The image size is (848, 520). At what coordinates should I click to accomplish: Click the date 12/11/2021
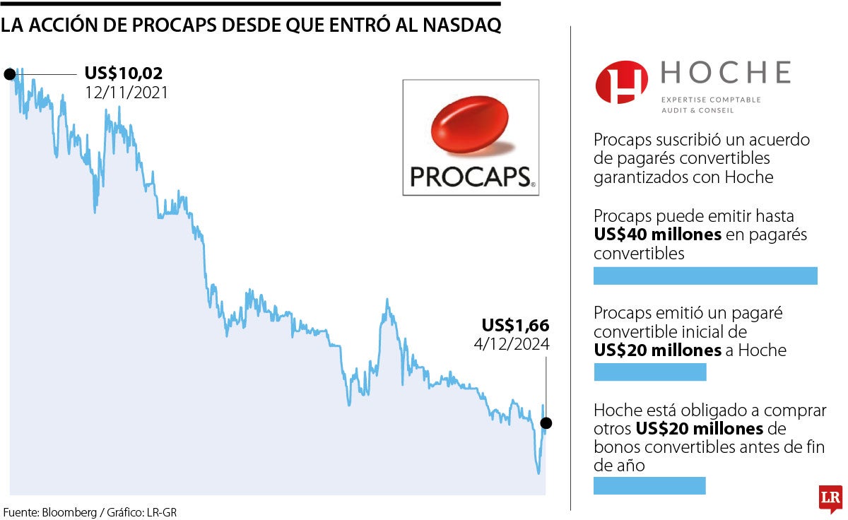coord(126,92)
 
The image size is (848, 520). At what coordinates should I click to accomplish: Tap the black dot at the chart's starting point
coord(10,73)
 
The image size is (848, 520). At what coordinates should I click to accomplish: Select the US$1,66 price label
coord(515,326)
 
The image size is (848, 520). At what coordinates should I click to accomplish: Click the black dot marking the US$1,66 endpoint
coord(546,423)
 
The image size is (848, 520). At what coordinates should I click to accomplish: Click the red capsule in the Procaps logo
coord(469,126)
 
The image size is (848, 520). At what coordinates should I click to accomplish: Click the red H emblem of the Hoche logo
coord(621,82)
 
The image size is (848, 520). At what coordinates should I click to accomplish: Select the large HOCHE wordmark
coord(725,73)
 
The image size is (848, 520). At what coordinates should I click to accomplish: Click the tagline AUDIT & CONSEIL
coord(697,110)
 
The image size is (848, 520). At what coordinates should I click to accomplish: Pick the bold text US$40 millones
coord(657,235)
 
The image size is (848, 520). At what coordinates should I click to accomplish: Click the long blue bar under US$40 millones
coord(705,276)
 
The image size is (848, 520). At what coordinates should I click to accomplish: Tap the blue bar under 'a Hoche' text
coord(649,372)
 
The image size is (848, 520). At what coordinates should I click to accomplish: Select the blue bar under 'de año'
coord(649,485)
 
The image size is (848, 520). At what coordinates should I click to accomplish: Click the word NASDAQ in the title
coord(462,25)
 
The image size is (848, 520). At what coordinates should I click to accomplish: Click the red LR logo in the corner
coord(829,498)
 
